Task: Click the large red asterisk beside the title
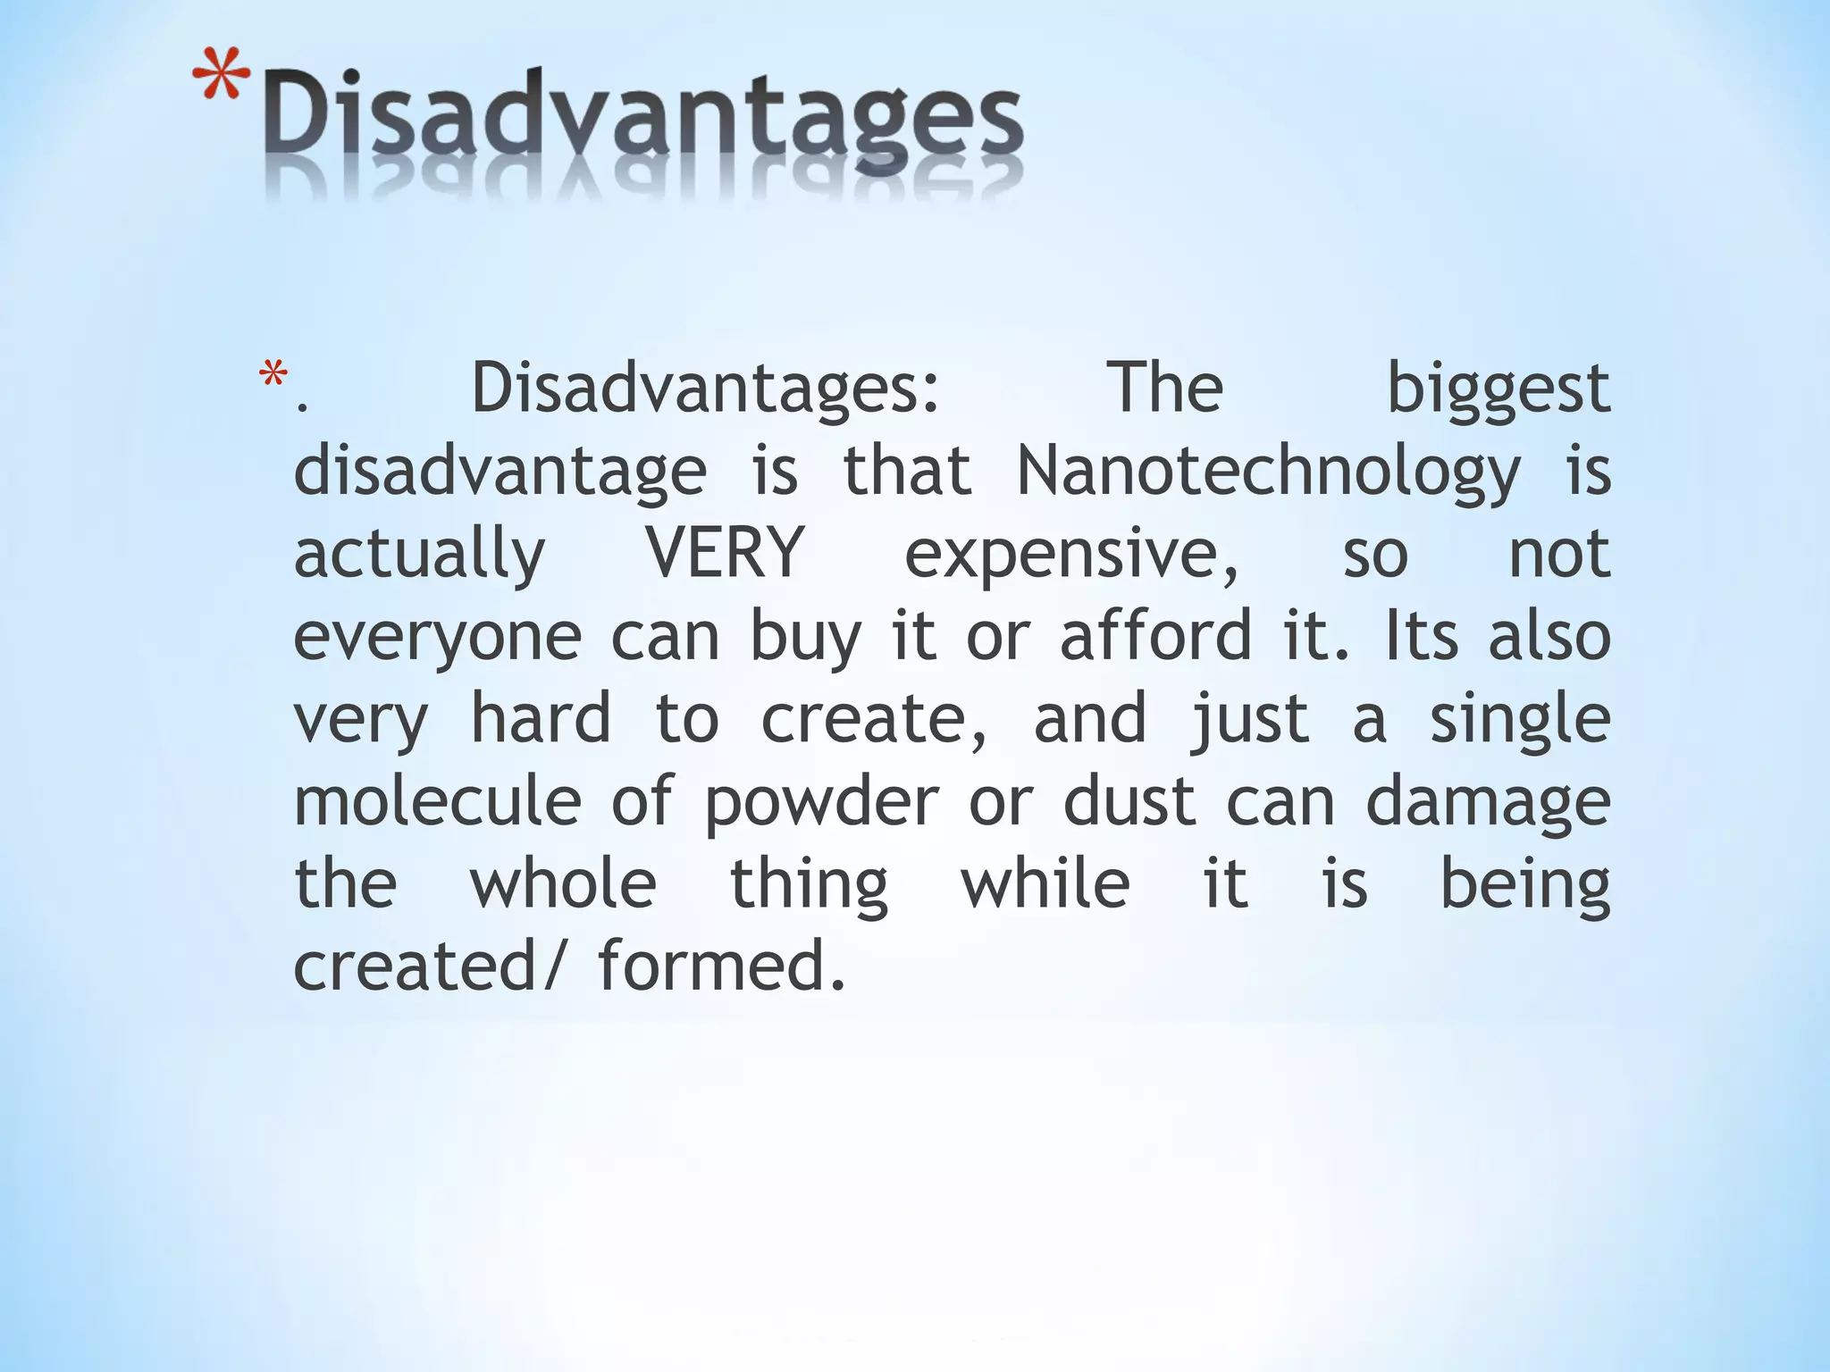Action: [221, 78]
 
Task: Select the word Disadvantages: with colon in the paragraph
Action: [706, 390]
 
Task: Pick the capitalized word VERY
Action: [724, 553]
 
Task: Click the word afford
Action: [1155, 635]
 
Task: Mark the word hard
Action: [541, 718]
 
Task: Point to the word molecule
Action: [438, 801]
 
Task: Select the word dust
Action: [1129, 801]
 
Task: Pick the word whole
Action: [563, 883]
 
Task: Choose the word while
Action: [1045, 883]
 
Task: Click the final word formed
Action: [721, 966]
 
